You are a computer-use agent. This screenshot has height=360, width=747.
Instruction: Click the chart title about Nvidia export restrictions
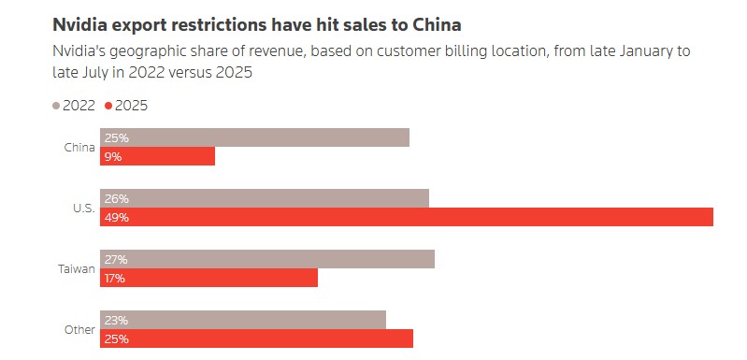256,23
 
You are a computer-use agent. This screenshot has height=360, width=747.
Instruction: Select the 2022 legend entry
74,106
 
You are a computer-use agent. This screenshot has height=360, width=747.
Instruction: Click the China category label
79,147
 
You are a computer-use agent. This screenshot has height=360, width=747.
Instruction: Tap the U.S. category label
83,208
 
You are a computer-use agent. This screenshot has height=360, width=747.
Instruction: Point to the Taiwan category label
77,268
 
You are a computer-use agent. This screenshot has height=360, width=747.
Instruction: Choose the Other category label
79,329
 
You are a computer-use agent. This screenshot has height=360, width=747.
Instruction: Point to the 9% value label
113,156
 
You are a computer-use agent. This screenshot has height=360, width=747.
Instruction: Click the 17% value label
116,278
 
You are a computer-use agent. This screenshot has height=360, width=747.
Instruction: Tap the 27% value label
117,259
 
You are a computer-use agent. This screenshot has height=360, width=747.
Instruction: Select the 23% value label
117,320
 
